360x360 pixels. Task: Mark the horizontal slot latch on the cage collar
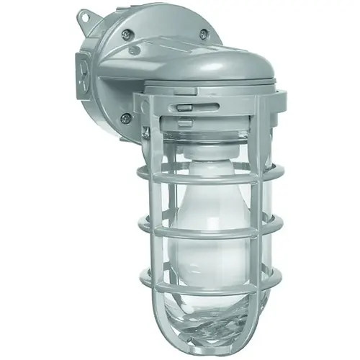tap(185, 105)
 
